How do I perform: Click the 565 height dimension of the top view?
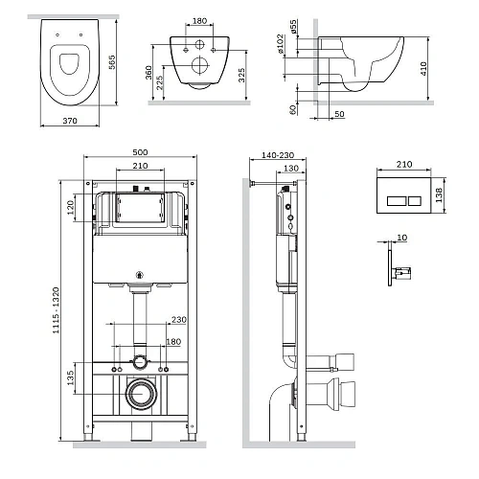coord(112,62)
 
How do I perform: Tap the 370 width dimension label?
coord(70,121)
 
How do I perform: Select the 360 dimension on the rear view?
coord(148,73)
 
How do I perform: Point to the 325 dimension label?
coord(241,75)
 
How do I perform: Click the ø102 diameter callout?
coord(280,44)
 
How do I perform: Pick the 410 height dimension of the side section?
coord(423,69)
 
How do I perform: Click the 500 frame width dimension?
coord(140,152)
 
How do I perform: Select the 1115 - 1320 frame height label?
coord(56,310)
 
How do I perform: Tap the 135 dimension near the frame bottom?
coord(71,377)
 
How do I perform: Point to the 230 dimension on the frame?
coord(179,320)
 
